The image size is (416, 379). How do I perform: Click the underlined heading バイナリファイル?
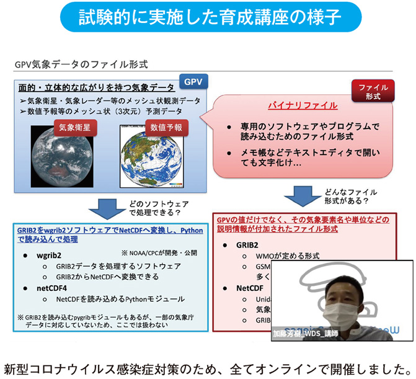click(x=303, y=105)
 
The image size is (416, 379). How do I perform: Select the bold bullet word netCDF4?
click(x=59, y=288)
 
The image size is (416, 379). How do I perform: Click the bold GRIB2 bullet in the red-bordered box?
click(x=248, y=244)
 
